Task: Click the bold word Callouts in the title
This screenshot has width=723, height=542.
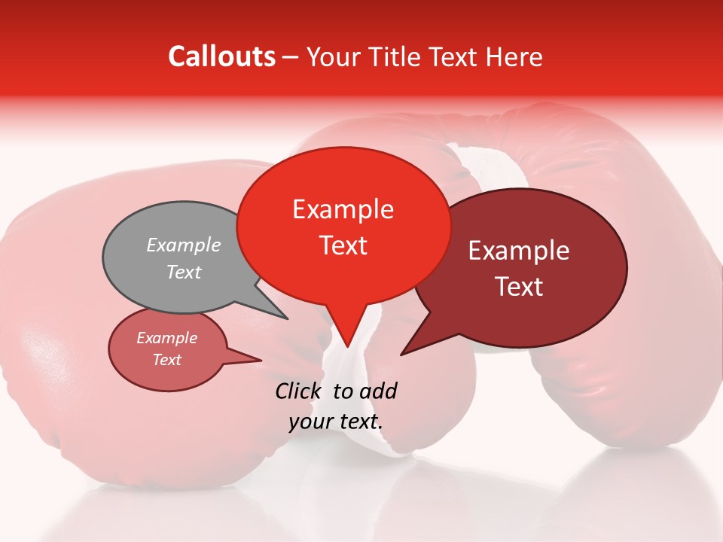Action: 221,56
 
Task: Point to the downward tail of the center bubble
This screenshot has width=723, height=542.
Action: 346,327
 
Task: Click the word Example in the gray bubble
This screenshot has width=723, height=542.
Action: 183,245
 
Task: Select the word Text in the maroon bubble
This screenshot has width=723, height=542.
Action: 520,287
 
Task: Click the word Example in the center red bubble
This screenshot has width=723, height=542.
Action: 343,209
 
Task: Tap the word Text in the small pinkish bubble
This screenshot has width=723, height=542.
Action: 166,360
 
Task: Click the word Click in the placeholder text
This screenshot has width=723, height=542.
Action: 299,391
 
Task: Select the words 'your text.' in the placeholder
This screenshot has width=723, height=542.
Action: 336,422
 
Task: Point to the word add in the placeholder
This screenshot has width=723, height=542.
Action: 377,391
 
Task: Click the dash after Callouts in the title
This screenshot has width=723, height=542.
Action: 291,58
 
